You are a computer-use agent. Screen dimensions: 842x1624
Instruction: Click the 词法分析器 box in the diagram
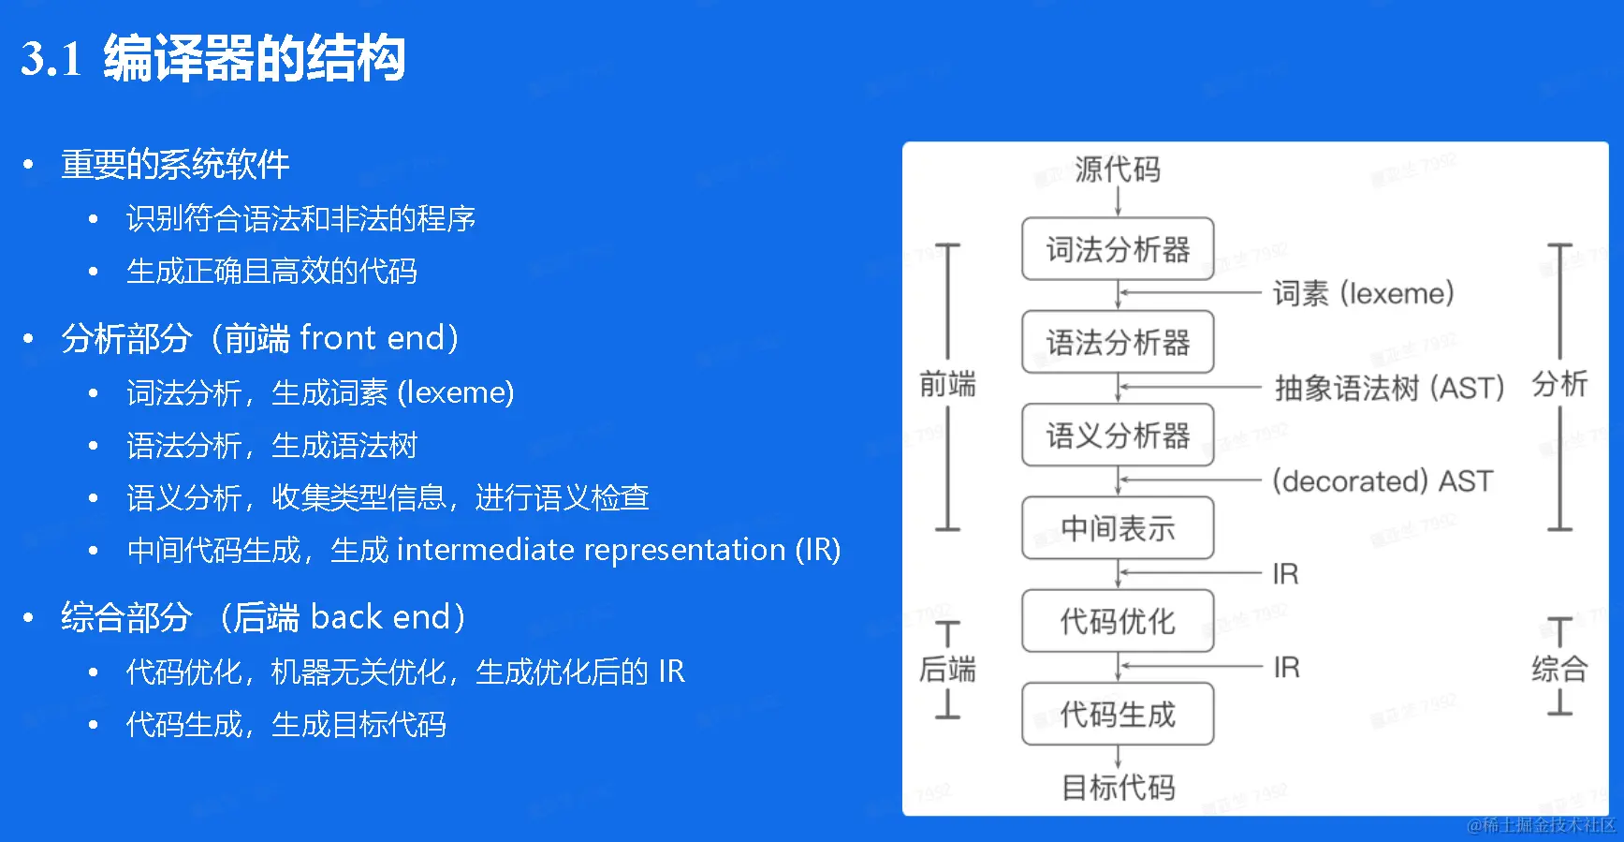coord(1118,249)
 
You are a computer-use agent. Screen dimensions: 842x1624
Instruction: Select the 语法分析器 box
coord(1118,342)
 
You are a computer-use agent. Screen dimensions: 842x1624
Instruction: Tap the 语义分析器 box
coord(1118,435)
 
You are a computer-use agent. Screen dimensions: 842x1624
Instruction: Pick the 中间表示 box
coord(1118,528)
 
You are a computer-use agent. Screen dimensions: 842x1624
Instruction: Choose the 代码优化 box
coord(1118,621)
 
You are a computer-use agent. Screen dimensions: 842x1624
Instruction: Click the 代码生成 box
coord(1118,714)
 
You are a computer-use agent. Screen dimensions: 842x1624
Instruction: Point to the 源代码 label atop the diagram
coord(1118,170)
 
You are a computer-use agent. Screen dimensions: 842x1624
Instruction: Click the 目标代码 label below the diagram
coord(1118,787)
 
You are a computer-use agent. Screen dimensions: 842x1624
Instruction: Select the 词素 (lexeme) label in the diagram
coord(1363,293)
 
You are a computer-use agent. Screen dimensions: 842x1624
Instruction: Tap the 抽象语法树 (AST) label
coord(1389,387)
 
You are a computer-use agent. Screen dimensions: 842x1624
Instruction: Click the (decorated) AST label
coord(1382,480)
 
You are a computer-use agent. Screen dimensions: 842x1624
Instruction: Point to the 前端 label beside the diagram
coord(947,384)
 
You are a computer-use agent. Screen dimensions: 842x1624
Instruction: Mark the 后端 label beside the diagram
coord(947,669)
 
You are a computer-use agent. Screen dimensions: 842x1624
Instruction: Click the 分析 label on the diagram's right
coord(1559,384)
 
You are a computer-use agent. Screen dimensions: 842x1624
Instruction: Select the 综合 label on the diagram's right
coord(1559,669)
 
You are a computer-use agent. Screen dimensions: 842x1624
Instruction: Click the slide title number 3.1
coord(52,59)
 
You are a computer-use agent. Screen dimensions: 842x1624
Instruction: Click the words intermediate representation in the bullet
coord(591,550)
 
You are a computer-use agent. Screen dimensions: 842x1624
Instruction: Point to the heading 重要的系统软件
coord(175,165)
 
